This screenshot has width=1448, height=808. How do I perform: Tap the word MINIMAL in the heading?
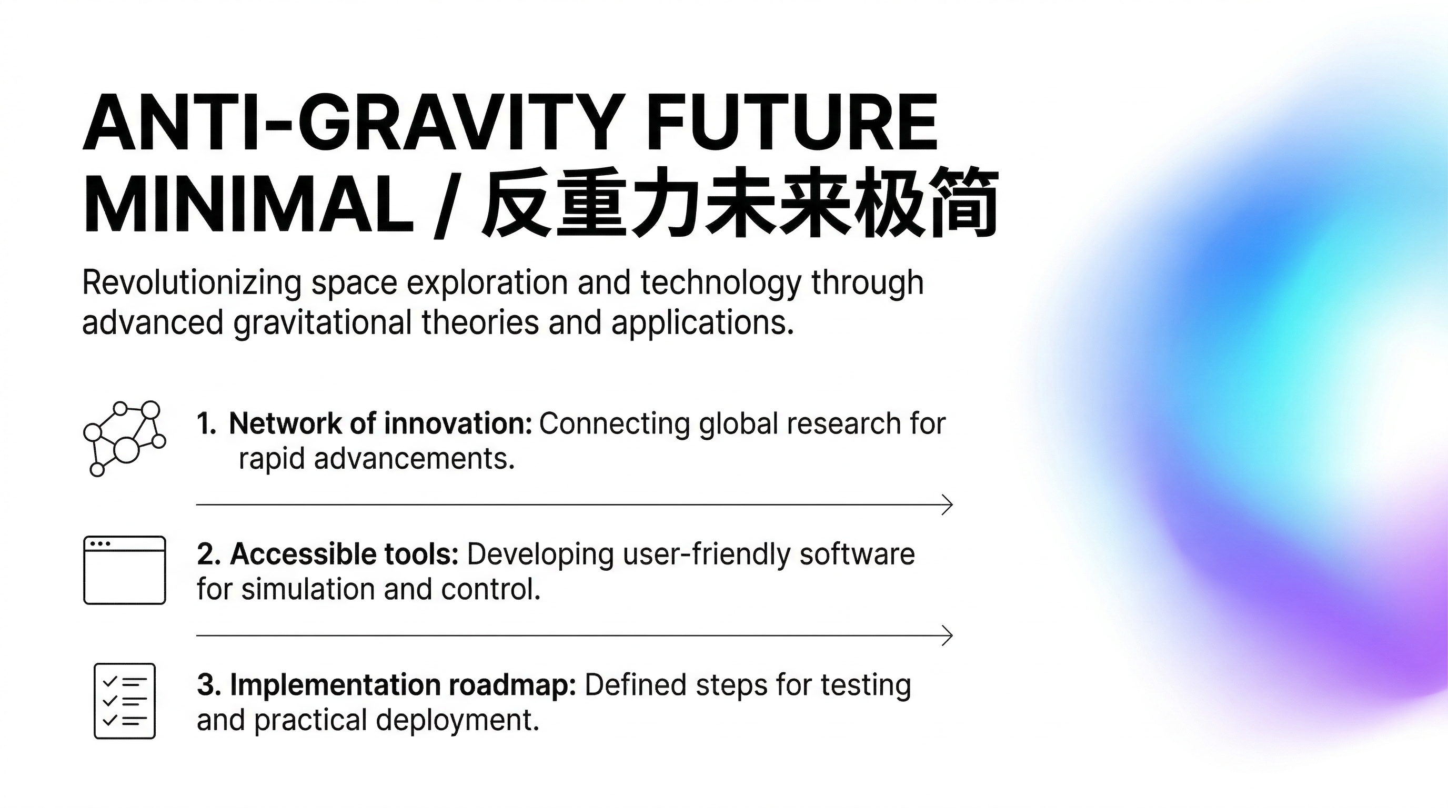[x=249, y=204]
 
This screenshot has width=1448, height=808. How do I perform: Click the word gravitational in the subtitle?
[x=323, y=324]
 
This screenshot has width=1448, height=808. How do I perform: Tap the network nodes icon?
[x=125, y=438]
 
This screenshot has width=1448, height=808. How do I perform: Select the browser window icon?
[x=125, y=570]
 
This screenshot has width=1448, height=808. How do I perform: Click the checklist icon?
[x=125, y=701]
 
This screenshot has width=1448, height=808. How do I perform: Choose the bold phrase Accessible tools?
[x=345, y=554]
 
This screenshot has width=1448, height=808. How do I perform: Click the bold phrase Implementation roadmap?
[x=403, y=685]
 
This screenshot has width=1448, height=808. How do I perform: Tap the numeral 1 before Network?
[x=206, y=423]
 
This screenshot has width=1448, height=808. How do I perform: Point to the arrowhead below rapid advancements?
[x=948, y=504]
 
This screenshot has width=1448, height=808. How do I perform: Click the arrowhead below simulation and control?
[x=948, y=635]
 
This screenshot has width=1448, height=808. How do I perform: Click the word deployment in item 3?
[x=458, y=721]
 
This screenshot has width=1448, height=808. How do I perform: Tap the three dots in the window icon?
[x=100, y=544]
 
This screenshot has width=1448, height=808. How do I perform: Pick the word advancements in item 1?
[x=414, y=459]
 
